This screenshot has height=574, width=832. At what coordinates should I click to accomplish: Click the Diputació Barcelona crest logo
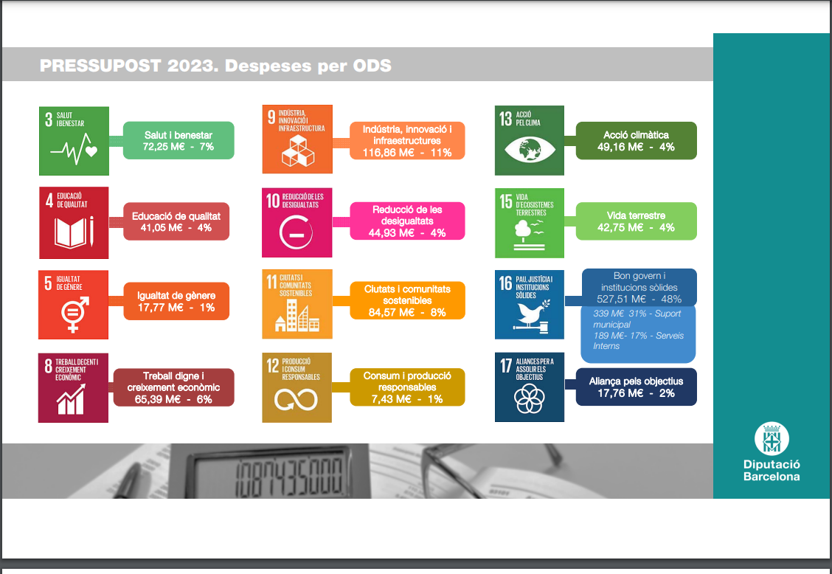click(x=772, y=438)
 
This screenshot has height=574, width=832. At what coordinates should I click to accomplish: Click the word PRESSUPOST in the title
click(x=100, y=66)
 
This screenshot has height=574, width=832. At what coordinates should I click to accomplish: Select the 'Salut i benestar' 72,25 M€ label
click(x=178, y=141)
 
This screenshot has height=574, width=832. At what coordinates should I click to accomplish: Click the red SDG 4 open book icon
click(x=74, y=232)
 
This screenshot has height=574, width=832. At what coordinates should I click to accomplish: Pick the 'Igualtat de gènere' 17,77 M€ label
click(x=176, y=301)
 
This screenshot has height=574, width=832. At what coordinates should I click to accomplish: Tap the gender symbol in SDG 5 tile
click(x=74, y=314)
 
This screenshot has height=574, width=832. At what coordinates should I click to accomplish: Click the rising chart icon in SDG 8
click(x=71, y=399)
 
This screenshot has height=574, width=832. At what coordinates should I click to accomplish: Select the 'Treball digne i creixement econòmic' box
click(x=173, y=387)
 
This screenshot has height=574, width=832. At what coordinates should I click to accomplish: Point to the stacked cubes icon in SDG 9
click(x=297, y=151)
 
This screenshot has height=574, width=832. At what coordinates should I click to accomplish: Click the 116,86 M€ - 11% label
click(x=407, y=153)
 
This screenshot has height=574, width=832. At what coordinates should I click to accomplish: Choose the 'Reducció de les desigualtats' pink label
click(x=407, y=221)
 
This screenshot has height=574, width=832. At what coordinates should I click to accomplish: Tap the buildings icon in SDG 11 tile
click(x=297, y=316)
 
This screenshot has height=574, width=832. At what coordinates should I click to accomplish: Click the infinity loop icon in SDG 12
click(x=296, y=400)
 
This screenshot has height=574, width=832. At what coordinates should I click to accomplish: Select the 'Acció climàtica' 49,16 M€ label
click(x=637, y=141)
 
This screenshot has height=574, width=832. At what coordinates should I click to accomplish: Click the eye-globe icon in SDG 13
click(x=530, y=149)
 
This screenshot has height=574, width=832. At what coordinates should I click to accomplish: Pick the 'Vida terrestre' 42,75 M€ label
click(x=637, y=221)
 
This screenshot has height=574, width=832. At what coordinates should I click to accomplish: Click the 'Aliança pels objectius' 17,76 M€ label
click(x=637, y=387)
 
